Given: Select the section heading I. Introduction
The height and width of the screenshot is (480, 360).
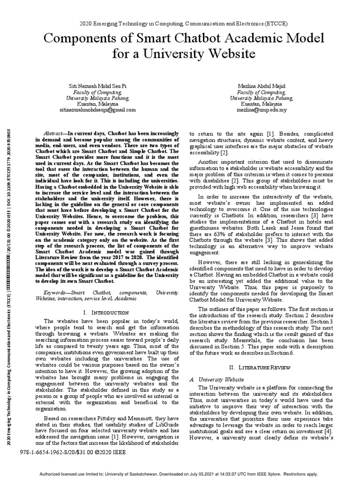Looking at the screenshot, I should [106, 312].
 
